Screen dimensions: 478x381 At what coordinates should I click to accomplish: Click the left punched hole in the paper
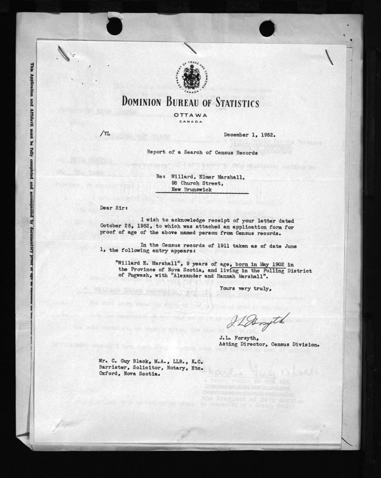click(114, 26)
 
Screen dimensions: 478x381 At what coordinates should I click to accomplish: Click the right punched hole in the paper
click(267, 28)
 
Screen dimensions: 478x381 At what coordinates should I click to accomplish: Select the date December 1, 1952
click(249, 135)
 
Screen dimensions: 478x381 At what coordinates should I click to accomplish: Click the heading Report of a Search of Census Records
click(202, 153)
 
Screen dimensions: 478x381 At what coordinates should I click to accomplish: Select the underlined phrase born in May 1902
click(260, 263)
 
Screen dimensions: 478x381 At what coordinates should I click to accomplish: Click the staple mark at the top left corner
click(63, 53)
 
